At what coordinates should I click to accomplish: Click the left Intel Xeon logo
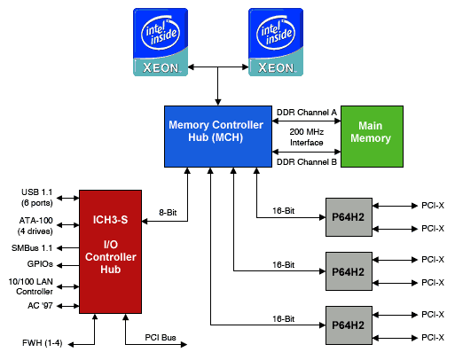(161, 42)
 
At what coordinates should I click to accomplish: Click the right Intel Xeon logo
(276, 42)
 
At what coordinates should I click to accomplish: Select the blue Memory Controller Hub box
(218, 137)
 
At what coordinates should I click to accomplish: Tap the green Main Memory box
(372, 137)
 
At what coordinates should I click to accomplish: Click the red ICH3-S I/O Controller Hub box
(110, 252)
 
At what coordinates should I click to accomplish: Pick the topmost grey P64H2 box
(349, 217)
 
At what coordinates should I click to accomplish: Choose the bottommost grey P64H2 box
(349, 325)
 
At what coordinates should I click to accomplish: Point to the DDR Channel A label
(307, 113)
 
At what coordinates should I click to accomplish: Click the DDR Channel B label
(307, 162)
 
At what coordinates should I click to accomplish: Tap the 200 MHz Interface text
(307, 137)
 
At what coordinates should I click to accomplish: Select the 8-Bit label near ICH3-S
(168, 213)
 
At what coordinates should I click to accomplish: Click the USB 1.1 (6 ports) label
(37, 198)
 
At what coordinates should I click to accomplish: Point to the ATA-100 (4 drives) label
(35, 226)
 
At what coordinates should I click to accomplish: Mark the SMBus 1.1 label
(32, 248)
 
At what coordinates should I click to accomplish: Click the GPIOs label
(40, 264)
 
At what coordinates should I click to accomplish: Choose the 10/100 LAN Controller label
(31, 286)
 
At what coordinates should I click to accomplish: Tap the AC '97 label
(40, 306)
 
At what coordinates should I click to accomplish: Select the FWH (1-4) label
(43, 343)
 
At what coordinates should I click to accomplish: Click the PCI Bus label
(161, 338)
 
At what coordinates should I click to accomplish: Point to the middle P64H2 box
(349, 271)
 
